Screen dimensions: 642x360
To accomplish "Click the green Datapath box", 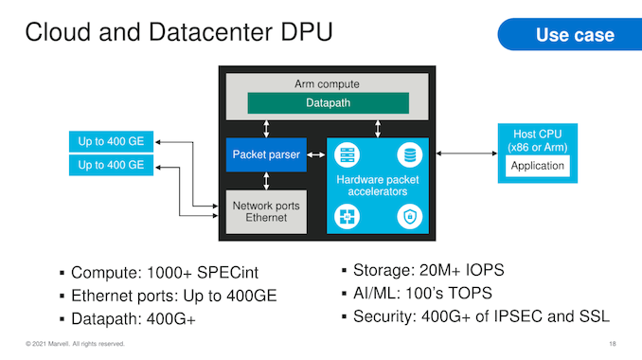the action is pos(328,103).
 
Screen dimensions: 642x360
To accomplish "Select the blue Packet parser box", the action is pos(266,154).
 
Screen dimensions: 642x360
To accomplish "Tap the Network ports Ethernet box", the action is pos(266,211).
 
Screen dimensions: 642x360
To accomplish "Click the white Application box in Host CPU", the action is pos(537,166).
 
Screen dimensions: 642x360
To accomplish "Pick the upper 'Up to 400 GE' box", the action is pos(111,141).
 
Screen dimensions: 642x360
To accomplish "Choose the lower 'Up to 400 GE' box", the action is pos(111,165).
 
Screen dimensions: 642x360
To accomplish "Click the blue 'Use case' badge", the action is pos(570,34).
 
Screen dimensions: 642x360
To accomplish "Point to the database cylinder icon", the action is pos(409,155).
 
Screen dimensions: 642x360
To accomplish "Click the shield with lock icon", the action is pos(409,216).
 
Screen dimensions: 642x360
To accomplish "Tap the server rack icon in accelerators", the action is pos(347,155).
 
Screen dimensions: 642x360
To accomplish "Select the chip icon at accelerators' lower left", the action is pos(347,216).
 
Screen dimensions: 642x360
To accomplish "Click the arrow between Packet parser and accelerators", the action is pos(316,154).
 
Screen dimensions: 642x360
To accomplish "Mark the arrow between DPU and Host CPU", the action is pos(467,153).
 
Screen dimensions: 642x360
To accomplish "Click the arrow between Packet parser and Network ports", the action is pos(266,181).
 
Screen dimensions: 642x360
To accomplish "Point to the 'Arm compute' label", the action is pos(327,84).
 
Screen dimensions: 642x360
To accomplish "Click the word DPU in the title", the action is pos(306,32).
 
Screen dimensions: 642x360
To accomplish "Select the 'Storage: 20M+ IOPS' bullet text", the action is pos(428,270).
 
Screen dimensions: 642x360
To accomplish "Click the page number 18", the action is pos(613,344).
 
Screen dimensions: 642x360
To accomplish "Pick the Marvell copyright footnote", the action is pos(75,344).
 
